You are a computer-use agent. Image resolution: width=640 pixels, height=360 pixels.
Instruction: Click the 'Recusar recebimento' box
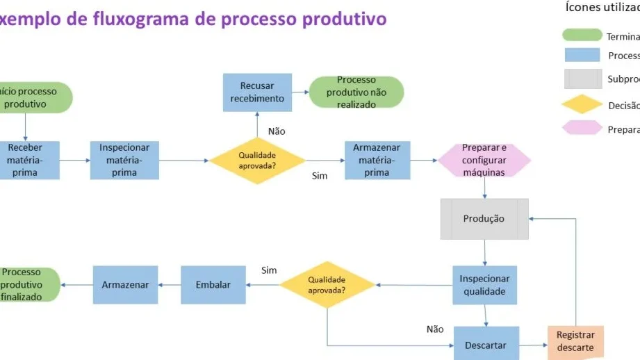[258, 92]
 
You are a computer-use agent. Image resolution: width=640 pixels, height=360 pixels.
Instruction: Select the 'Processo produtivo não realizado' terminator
[356, 92]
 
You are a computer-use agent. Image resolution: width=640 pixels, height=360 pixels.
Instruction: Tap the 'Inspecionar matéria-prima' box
[124, 161]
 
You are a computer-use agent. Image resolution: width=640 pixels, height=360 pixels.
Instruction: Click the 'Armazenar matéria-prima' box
[377, 161]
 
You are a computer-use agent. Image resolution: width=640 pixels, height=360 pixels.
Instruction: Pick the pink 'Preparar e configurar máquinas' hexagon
[484, 161]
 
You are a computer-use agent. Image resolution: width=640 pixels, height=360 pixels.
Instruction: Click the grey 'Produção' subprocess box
[484, 219]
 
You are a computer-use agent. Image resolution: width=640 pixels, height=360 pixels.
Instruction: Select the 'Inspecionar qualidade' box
[484, 285]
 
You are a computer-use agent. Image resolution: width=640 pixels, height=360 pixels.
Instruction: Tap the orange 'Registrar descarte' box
[575, 342]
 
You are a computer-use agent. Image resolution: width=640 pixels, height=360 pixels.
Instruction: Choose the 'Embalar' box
[213, 285]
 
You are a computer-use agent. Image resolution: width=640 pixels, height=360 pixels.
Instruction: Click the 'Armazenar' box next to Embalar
[125, 285]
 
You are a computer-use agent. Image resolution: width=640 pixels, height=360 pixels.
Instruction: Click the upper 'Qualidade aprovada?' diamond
[258, 161]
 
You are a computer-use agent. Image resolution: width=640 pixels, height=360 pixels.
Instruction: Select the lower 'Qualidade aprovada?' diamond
[327, 285]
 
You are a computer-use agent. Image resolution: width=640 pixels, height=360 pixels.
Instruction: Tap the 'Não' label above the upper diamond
[277, 131]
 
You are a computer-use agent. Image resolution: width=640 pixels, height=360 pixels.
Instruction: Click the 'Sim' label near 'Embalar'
[269, 270]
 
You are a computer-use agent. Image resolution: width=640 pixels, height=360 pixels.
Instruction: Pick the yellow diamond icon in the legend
[582, 106]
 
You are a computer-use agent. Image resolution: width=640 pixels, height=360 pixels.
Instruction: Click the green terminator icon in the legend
[582, 35]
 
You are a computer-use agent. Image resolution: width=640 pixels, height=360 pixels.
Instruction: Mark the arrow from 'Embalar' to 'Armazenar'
[169, 285]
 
